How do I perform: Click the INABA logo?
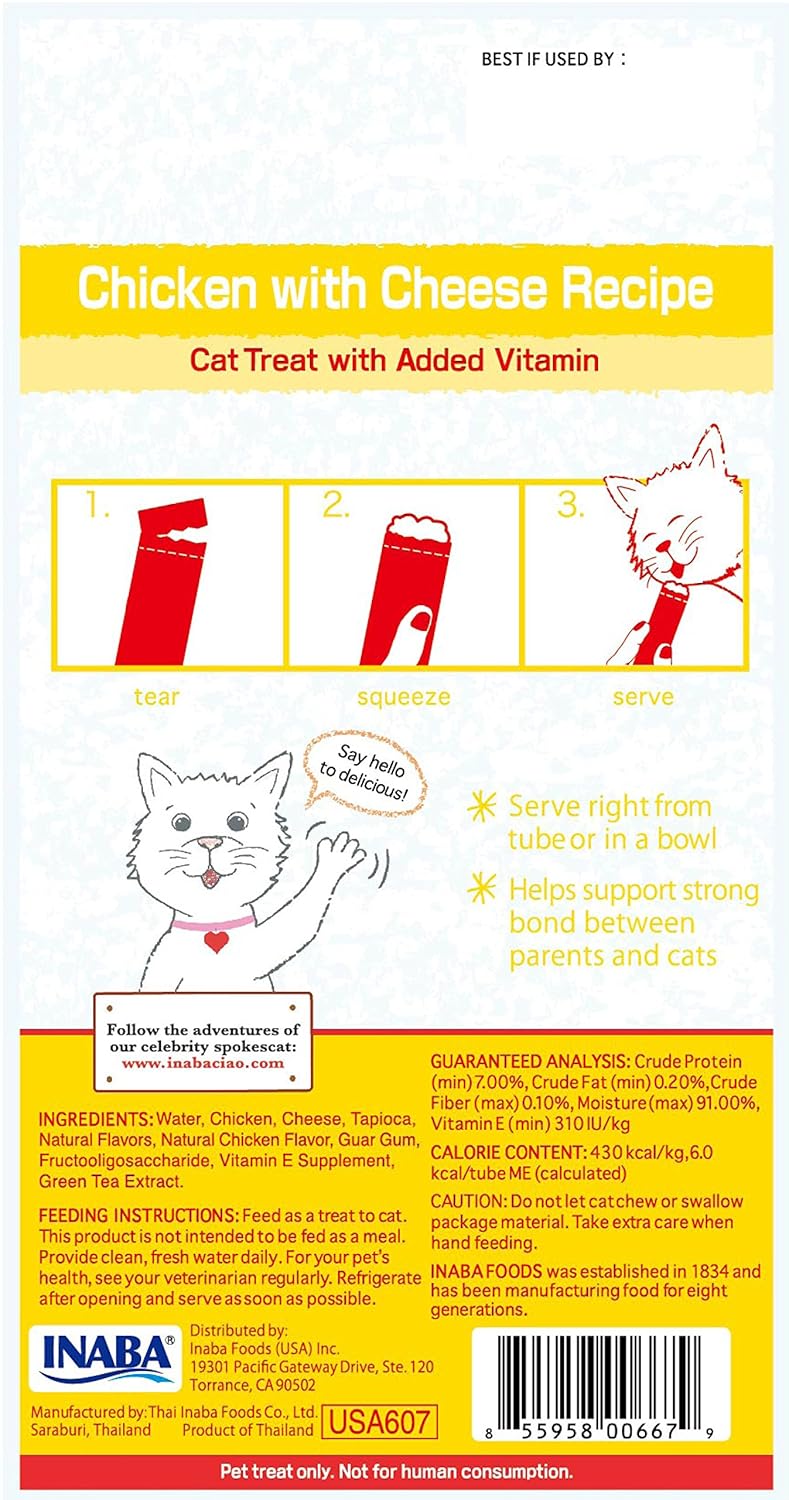pos(105,1358)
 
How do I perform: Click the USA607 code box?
pos(379,1422)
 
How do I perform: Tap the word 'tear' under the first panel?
pos(156,696)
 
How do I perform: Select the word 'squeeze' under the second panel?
pos(403,698)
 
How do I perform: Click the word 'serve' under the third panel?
pos(643,697)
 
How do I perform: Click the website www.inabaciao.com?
pos(203,1063)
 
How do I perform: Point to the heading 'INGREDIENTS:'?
pos(96,1119)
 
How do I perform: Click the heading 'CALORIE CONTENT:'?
pos(509,1152)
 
